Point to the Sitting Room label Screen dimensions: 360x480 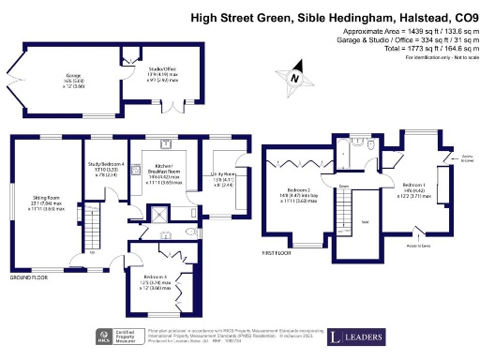(x=48, y=204)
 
